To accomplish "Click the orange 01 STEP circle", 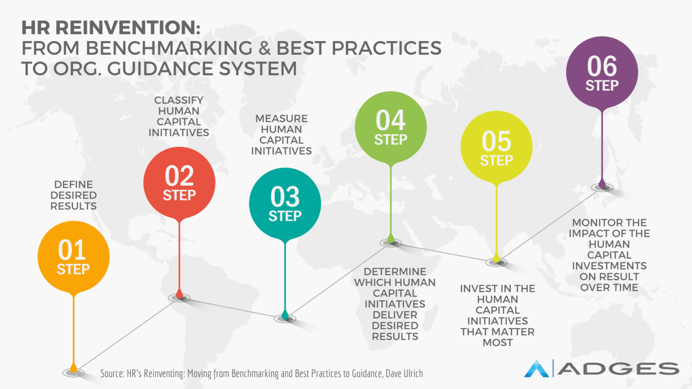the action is pos(74,257).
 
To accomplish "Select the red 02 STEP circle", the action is pos(179,183).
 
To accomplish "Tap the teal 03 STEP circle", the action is pos(285,204).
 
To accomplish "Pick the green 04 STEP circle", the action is pos(391,127).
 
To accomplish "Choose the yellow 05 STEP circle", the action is pos(497,147).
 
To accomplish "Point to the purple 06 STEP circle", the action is pos(602,72).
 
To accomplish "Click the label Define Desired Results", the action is pos(74,195).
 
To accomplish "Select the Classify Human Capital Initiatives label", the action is pos(179,116).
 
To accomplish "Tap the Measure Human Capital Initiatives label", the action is pos(282,134).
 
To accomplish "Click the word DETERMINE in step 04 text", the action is pos(395,272).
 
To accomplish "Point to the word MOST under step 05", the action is pos(498,343).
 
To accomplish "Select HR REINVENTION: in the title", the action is pos(111,28).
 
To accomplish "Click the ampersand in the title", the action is pos(264,48).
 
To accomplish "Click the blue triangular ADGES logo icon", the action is pos(537,369).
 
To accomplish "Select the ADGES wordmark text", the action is pos(618,369).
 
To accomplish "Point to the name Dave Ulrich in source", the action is pos(404,373).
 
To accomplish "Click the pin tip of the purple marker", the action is pos(602,186).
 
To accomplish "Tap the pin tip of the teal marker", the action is pos(285,318).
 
